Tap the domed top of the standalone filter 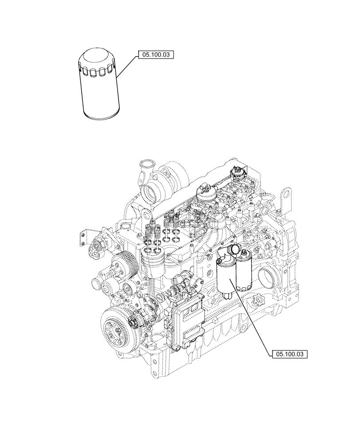(x=96, y=58)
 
